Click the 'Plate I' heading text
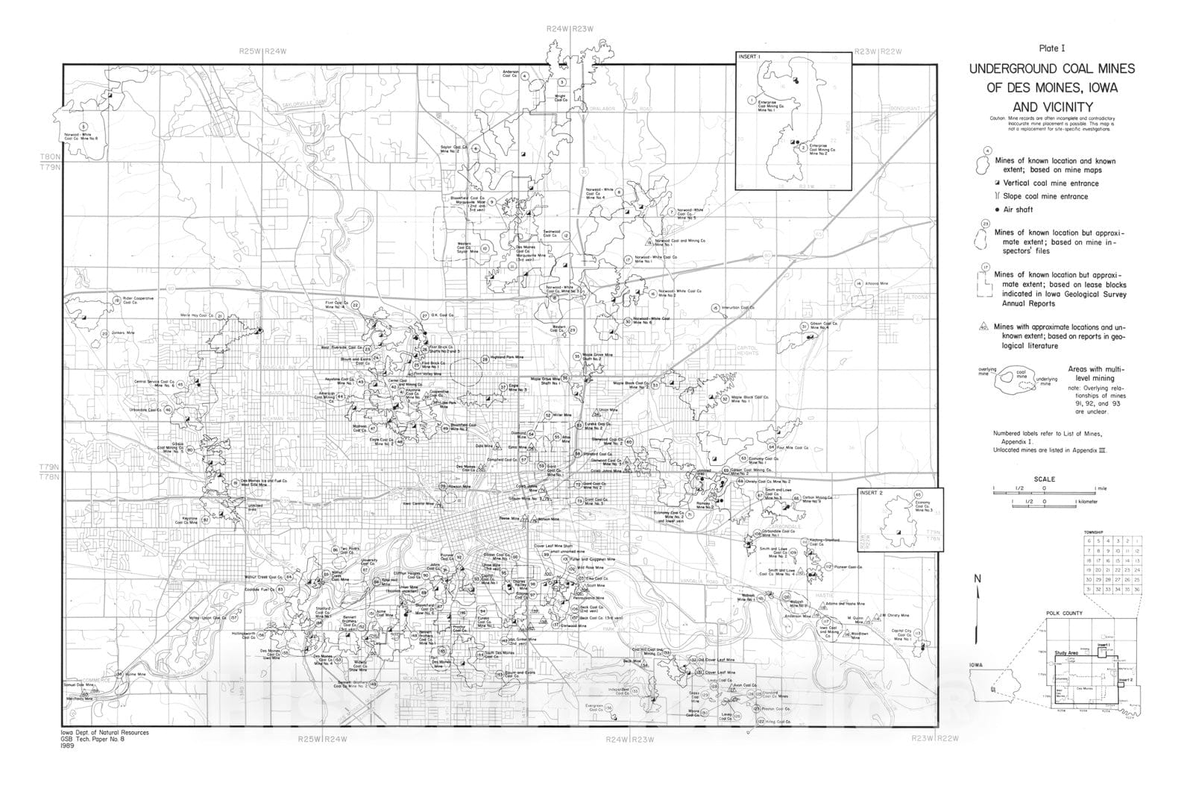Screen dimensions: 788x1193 tap(1051, 48)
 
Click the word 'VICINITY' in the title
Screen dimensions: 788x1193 tap(1051, 106)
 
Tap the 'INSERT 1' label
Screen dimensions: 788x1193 tap(748, 57)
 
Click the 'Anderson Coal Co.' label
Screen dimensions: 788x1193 tap(510, 74)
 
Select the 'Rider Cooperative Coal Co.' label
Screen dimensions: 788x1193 tap(137, 300)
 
